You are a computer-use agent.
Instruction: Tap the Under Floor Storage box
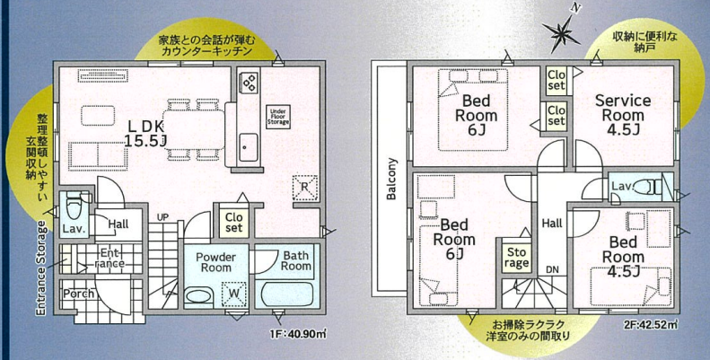coord(277,117)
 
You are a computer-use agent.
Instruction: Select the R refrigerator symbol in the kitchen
coord(306,188)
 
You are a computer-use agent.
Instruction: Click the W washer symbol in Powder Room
coord(233,292)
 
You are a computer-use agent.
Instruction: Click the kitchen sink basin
coord(249,147)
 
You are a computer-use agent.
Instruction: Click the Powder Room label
coord(216,262)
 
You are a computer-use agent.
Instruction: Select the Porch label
coord(78,294)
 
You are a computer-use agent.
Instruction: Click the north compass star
coord(562,32)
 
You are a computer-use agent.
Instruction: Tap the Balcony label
coord(391,179)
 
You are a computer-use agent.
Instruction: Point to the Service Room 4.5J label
coord(623,115)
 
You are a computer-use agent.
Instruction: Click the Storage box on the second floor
coord(516,257)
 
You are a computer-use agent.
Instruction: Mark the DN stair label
coord(552,270)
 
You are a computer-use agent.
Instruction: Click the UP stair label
coord(162,217)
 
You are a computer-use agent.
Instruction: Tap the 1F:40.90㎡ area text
coord(298,334)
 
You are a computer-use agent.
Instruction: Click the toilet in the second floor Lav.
coord(649,187)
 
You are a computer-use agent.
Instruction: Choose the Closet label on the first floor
coord(234,222)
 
